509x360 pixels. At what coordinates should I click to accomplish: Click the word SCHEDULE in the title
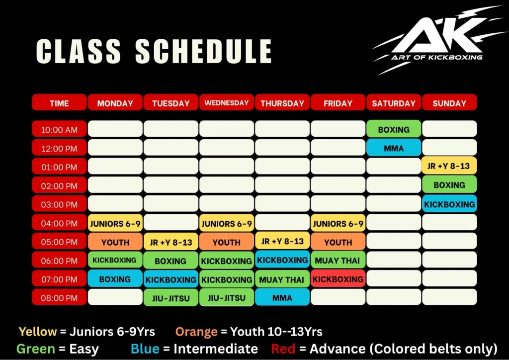tap(203, 51)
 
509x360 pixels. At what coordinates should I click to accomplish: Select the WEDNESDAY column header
tap(227, 103)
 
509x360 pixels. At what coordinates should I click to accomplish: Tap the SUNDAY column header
tap(449, 103)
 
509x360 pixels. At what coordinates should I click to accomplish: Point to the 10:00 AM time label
tap(59, 130)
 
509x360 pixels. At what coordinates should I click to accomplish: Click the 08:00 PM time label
tap(59, 298)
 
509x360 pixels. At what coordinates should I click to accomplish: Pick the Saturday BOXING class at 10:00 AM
tap(394, 129)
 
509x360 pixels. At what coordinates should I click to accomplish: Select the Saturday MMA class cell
tap(394, 148)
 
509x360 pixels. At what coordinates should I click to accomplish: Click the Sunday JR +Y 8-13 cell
tap(449, 166)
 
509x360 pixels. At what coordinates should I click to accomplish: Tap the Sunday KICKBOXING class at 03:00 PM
tap(449, 204)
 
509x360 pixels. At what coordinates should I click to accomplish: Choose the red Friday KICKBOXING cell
tap(338, 279)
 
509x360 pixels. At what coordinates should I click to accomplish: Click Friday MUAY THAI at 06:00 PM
tap(338, 260)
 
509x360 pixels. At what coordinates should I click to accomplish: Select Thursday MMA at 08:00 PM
tap(282, 298)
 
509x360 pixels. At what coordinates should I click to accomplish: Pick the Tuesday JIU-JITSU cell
tap(171, 298)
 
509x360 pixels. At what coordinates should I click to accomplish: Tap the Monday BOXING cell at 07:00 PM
tap(115, 279)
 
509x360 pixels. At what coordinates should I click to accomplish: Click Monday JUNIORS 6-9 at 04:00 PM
tap(115, 223)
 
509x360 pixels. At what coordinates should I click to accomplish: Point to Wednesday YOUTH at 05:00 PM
tap(227, 242)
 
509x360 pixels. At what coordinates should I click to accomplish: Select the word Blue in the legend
tap(145, 349)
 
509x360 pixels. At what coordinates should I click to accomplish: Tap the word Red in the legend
tap(283, 349)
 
